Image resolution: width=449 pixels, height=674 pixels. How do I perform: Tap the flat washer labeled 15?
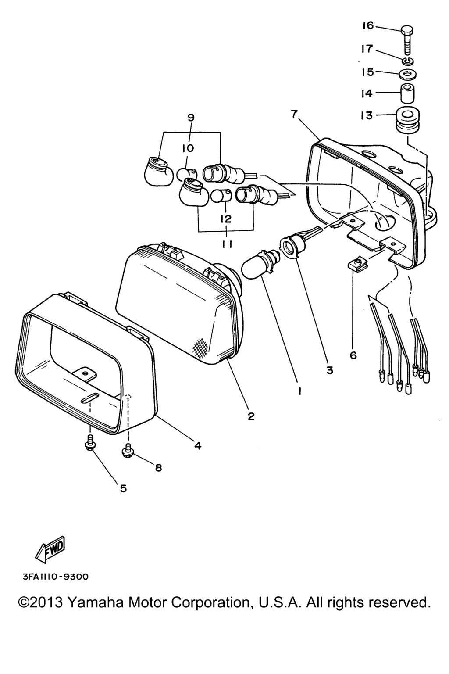coord(407,74)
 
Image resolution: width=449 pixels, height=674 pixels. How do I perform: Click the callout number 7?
coord(294,114)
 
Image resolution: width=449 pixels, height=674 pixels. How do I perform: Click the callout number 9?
coord(191,118)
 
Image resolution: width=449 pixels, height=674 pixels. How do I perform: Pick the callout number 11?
coord(227,245)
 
